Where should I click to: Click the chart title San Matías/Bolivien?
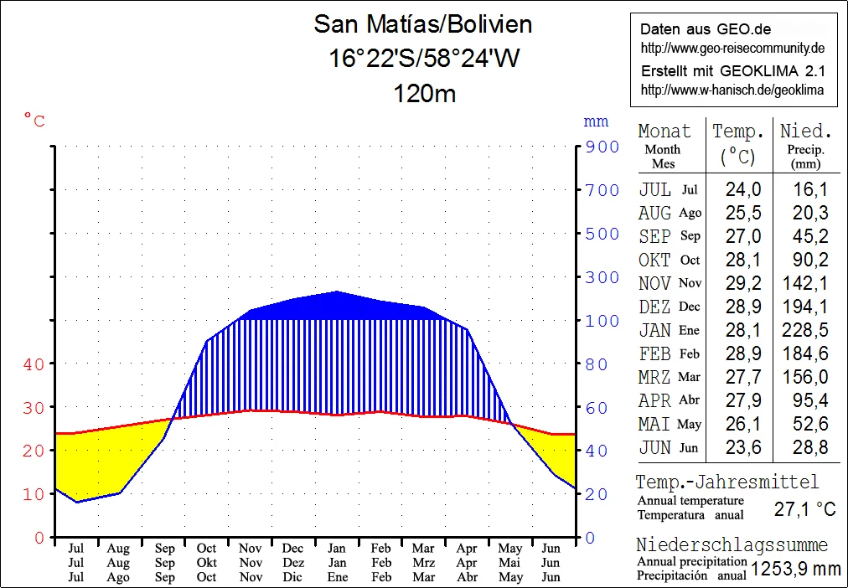[422, 24]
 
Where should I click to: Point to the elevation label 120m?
[424, 93]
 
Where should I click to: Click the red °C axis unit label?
[34, 121]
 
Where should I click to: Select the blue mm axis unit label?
[596, 121]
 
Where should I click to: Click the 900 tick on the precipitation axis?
[602, 147]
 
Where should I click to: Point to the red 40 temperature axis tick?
[34, 364]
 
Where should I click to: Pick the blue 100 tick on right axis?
[602, 321]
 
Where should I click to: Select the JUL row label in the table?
[654, 190]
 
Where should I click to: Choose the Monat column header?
[664, 132]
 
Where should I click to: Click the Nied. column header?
[806, 132]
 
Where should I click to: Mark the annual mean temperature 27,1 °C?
[804, 508]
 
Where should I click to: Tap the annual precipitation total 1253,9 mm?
[795, 570]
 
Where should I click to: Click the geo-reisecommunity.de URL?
[732, 48]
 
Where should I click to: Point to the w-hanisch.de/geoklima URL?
[732, 90]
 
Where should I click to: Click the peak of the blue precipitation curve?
[337, 291]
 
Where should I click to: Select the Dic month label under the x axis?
[293, 577]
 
